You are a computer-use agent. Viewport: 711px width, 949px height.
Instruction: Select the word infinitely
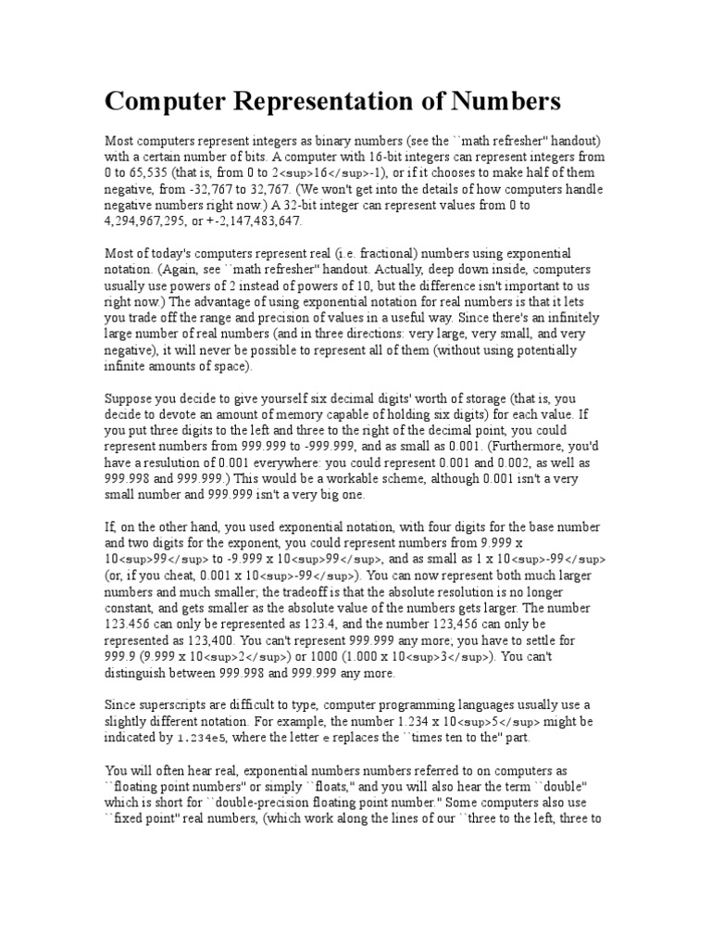click(555, 319)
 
